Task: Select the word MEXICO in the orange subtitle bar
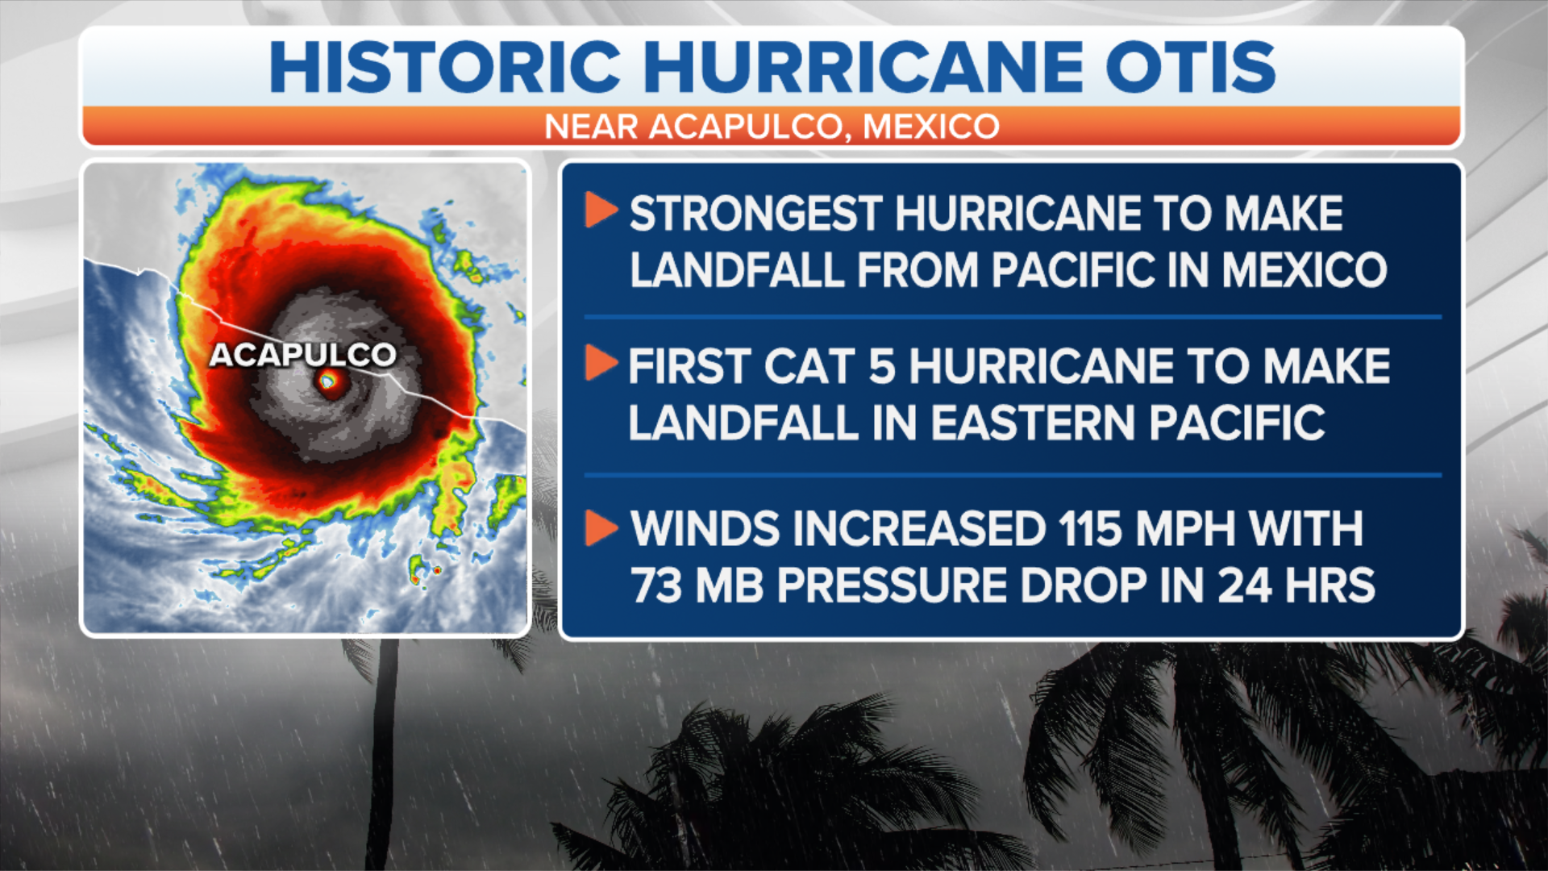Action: point(931,127)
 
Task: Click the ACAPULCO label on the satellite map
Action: point(303,355)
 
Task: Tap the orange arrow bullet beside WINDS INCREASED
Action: point(601,527)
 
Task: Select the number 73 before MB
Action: point(656,586)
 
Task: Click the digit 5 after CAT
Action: point(881,367)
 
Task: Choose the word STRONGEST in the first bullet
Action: point(755,214)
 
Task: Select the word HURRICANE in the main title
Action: point(863,66)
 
